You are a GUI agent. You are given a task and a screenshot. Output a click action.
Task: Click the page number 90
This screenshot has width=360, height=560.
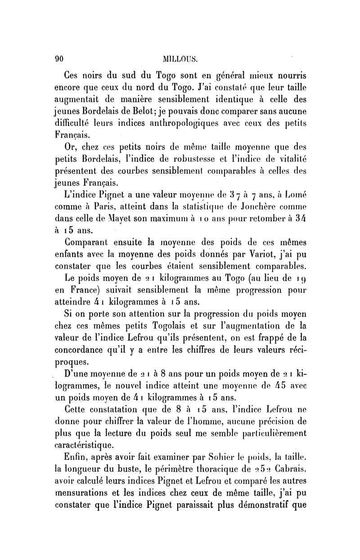click(58, 58)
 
